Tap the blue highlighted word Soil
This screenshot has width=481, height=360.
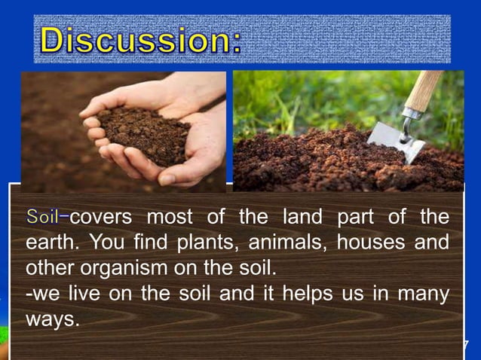(x=42, y=218)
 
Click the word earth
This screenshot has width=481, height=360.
(x=47, y=244)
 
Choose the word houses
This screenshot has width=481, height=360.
(x=367, y=244)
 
